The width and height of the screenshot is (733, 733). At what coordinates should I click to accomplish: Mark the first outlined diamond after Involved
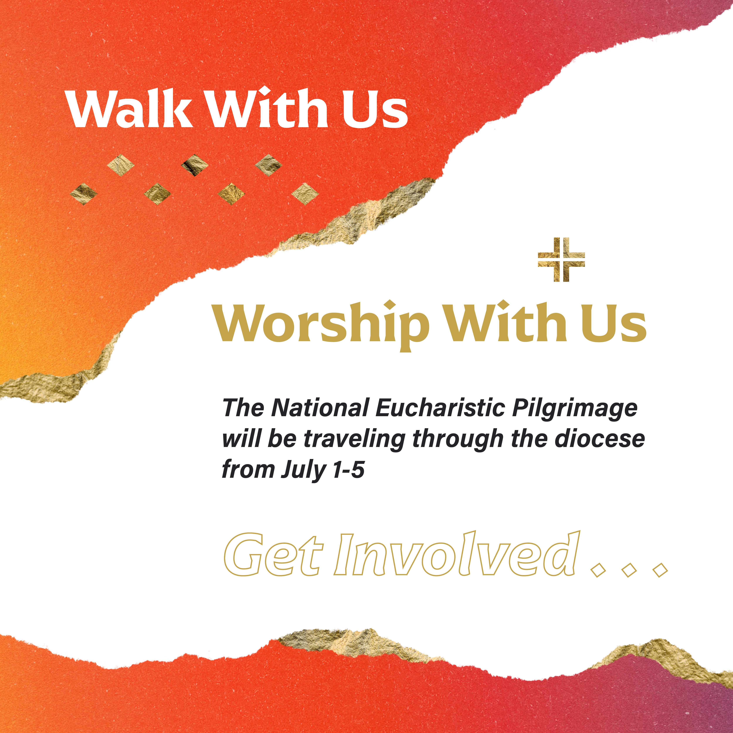pyautogui.click(x=598, y=570)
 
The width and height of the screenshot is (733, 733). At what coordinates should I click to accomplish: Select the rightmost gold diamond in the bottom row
pyautogui.click(x=305, y=194)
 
